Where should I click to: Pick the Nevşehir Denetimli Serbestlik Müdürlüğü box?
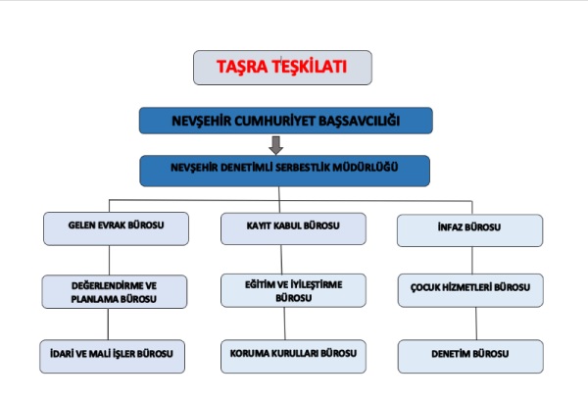tap(286, 169)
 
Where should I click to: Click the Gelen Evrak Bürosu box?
tap(116, 227)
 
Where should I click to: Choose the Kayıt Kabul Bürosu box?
tap(292, 227)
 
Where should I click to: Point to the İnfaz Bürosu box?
tap(469, 229)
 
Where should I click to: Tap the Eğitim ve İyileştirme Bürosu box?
tap(292, 290)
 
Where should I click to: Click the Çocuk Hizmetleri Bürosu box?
tap(469, 289)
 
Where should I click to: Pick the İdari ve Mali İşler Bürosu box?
tap(116, 353)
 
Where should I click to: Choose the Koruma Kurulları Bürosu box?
tap(292, 353)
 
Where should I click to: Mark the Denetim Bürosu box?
tap(469, 353)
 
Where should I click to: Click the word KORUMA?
tap(251, 353)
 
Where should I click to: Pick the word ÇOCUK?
tap(429, 289)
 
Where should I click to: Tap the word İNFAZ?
tap(453, 229)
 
